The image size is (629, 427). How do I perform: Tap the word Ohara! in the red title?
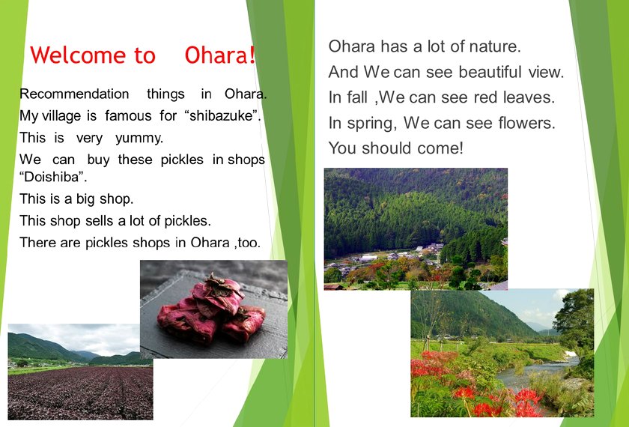tap(220, 55)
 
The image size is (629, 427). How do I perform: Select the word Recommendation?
tap(74, 94)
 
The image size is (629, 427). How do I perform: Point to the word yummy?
tap(139, 139)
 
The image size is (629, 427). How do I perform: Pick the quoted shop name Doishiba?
tap(53, 177)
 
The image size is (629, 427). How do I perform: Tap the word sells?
tap(100, 221)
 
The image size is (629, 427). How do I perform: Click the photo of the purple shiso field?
tap(80, 372)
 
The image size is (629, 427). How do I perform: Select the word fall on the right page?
tap(357, 97)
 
